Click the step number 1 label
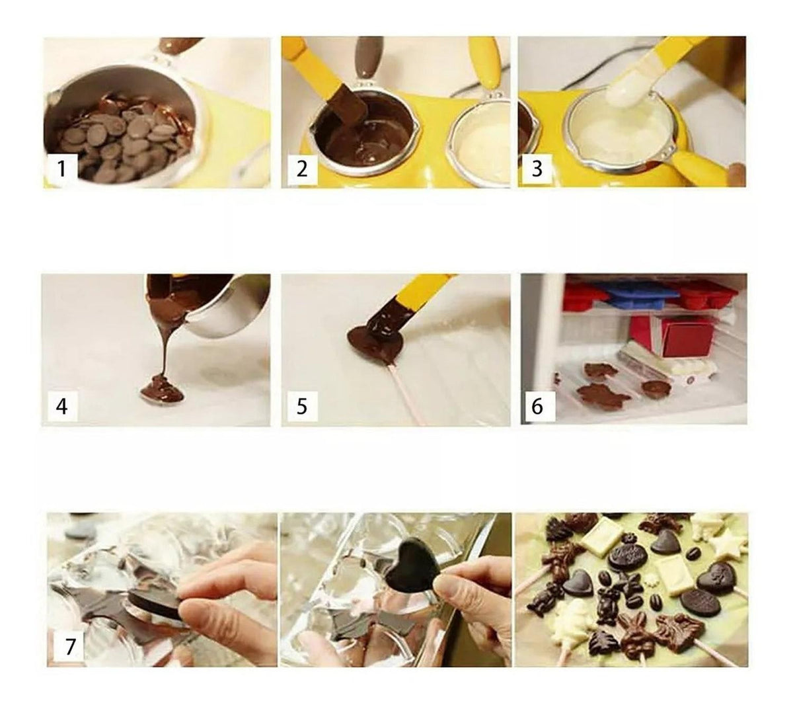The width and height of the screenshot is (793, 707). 61,169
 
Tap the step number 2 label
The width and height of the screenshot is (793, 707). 301,169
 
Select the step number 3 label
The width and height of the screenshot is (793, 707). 537,169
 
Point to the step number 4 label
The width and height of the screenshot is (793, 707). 62,406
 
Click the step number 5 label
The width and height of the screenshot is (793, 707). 301,406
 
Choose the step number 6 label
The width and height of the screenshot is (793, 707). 537,406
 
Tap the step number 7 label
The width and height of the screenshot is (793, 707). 69,646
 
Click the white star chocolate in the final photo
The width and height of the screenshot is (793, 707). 728,546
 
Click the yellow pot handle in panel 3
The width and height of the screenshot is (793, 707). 700,167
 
